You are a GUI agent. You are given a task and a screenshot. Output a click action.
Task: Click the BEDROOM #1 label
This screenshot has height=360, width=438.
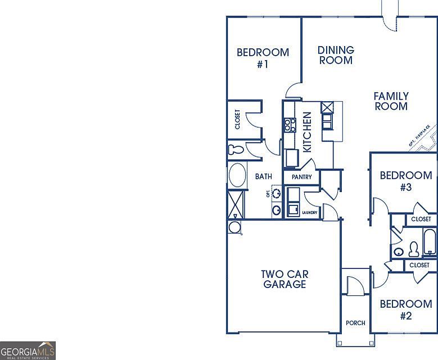point(263,58)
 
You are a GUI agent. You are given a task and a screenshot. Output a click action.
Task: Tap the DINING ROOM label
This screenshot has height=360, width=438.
point(336,55)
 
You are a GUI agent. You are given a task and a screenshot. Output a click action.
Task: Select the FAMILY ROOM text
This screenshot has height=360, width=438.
point(391,101)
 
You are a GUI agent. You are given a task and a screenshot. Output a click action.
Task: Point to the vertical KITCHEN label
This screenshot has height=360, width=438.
point(308,132)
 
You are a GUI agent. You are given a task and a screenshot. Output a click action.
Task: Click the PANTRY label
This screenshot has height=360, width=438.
point(301,177)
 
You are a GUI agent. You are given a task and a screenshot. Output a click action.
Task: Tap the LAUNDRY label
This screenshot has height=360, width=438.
point(310,213)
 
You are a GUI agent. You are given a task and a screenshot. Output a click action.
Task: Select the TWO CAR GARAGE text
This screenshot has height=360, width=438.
point(285,279)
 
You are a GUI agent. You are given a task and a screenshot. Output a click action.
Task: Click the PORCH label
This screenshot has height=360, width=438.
point(355,323)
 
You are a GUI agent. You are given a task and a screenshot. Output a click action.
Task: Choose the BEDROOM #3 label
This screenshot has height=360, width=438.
point(406,181)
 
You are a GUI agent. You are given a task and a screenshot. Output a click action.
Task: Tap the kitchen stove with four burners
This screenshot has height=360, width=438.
point(290,124)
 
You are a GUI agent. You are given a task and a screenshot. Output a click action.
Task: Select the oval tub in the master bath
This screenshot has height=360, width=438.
point(237,175)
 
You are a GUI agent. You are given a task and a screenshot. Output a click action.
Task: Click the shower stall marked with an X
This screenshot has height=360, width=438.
point(236,204)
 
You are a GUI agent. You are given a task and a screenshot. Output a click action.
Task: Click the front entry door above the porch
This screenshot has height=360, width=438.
point(355,286)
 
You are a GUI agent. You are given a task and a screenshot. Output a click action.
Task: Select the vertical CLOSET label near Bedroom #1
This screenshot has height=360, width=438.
point(238,119)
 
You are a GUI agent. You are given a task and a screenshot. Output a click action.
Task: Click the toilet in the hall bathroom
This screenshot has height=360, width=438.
point(414,249)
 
